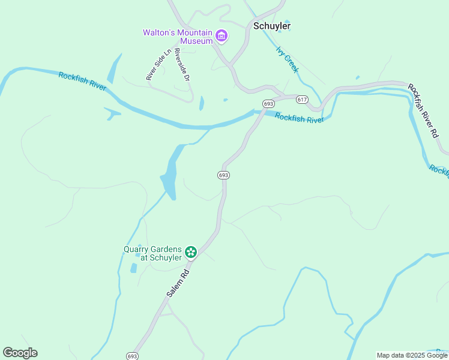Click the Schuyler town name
(272, 26)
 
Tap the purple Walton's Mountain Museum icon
(221, 36)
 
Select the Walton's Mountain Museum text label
(178, 37)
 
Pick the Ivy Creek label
(287, 59)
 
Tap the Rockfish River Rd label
(424, 111)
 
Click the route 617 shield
(301, 98)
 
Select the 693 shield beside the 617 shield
(268, 103)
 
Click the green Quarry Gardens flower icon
(191, 252)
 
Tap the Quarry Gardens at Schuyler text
(153, 253)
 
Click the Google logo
(20, 353)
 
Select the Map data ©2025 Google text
(412, 355)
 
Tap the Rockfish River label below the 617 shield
(299, 118)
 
